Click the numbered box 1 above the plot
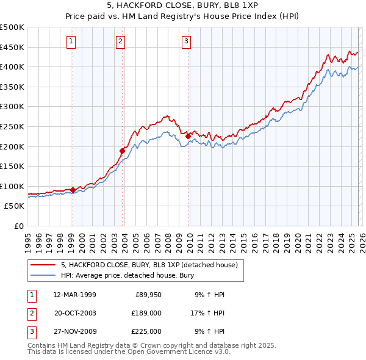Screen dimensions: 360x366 71,41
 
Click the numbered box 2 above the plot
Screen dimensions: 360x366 121,41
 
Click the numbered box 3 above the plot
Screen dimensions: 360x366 186,41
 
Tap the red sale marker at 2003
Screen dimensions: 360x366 123,151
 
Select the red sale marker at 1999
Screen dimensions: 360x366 73,190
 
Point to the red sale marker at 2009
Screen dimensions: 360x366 188,136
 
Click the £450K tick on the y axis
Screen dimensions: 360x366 12,47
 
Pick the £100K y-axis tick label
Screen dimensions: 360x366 12,186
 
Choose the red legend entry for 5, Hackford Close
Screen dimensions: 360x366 152,264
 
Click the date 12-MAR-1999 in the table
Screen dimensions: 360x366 75,295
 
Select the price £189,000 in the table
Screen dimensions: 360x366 146,313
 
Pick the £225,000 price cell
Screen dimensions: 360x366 146,331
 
